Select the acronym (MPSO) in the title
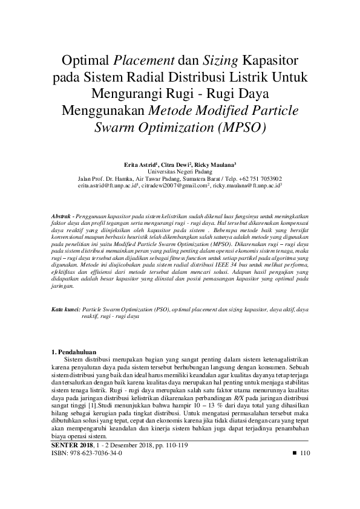pyautogui.click(x=239, y=128)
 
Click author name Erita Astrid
pyautogui.click(x=139, y=164)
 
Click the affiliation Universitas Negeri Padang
pyautogui.click(x=180, y=172)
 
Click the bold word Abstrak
pyautogui.click(x=61, y=216)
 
